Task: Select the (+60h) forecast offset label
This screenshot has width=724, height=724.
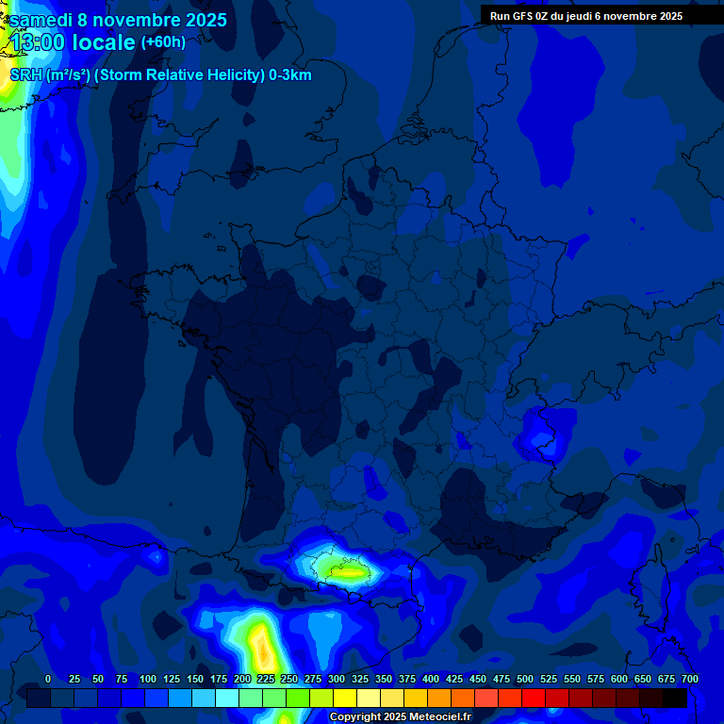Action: pos(163,42)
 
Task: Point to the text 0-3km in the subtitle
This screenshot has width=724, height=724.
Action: pos(288,75)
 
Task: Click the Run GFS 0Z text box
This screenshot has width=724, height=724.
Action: pos(586,16)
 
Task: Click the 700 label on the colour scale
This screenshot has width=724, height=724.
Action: pos(689,680)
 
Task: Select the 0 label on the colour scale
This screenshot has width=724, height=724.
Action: pos(48,680)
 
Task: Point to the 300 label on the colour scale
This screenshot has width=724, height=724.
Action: pos(337,680)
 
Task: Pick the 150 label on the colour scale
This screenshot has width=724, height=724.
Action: pos(195,680)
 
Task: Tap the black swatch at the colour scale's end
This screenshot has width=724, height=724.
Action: pos(674,698)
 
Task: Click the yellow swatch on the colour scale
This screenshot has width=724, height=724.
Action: pos(345,698)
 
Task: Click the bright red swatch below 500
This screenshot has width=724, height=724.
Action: pos(534,698)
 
